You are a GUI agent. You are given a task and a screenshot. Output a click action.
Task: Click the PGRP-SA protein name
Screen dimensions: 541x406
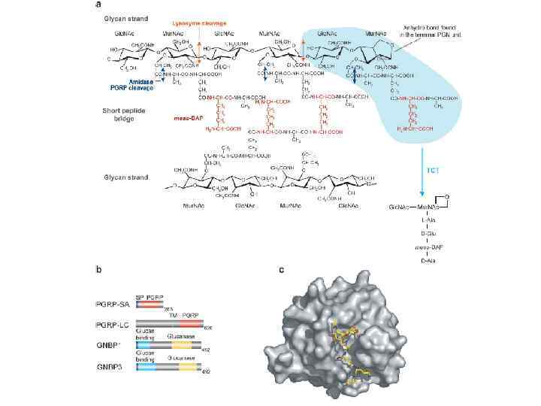click(115, 304)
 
